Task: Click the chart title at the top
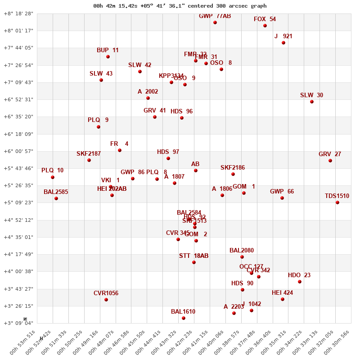tap(180, 6)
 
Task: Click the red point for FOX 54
tap(265, 26)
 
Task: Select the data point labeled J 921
tap(283, 43)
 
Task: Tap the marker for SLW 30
tap(312, 102)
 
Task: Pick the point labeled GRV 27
tap(330, 161)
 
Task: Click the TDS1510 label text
tap(337, 196)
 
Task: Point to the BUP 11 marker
tap(108, 57)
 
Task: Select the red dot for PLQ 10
tap(53, 177)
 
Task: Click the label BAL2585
tap(56, 192)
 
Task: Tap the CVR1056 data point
tap(106, 300)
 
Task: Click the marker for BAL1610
tap(184, 318)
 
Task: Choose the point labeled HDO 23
tap(300, 282)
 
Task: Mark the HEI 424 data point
tap(283, 299)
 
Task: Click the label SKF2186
tap(233, 168)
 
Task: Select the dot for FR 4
tap(120, 150)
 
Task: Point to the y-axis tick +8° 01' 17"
tap(18, 31)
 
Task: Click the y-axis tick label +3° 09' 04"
tap(18, 323)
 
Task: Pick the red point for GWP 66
tap(282, 198)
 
